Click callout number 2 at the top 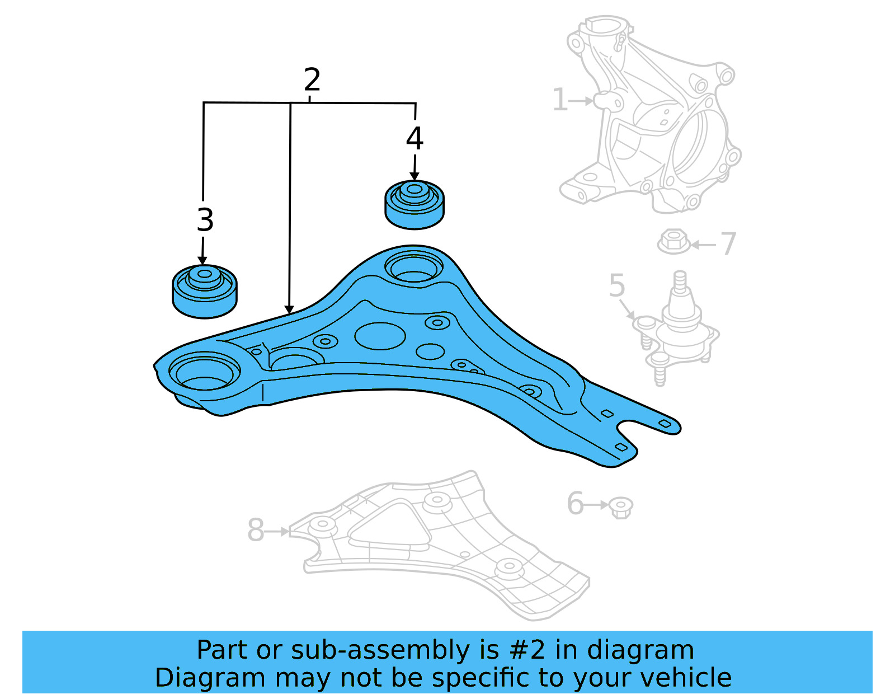click(312, 80)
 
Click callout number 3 click(205, 220)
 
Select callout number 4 click(414, 138)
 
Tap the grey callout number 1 click(560, 100)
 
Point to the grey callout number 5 click(616, 286)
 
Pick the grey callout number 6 click(575, 503)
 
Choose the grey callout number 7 click(728, 244)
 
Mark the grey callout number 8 click(256, 530)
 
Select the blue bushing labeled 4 click(414, 205)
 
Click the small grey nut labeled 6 click(621, 507)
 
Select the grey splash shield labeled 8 click(442, 548)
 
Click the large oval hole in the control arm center click(380, 336)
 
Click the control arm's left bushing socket click(204, 372)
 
